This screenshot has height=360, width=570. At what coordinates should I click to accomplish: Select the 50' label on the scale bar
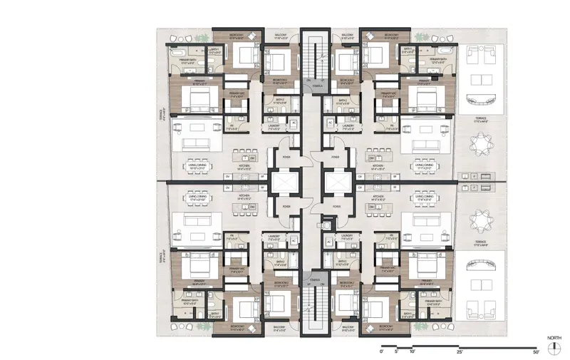click(x=535, y=352)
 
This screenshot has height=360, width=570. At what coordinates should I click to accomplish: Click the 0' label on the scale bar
click(x=383, y=352)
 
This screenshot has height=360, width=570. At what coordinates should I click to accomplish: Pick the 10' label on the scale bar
click(x=413, y=352)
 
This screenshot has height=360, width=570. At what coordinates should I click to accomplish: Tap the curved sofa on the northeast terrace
click(x=480, y=100)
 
